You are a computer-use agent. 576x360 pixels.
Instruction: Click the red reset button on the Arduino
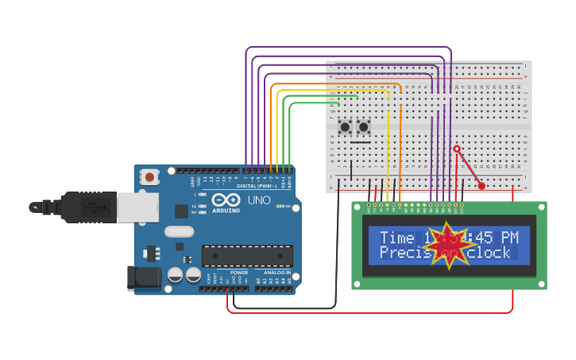click(149, 177)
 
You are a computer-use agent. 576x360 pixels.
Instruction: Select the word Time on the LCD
click(397, 238)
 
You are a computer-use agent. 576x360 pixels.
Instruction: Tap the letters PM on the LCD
click(508, 238)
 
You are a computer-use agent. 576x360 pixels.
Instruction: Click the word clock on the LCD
click(492, 253)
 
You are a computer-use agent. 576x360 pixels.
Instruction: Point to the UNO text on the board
click(259, 200)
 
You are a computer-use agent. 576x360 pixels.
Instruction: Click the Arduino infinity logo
click(226, 200)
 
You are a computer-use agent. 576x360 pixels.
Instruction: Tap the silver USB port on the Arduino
click(137, 207)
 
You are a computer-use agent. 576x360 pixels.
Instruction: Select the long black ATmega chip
click(247, 256)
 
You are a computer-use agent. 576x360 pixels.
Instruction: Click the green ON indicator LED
click(280, 206)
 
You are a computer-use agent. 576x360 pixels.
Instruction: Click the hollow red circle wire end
click(457, 149)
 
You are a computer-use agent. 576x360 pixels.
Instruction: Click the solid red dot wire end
click(481, 187)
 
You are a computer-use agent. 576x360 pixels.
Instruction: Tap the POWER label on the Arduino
click(239, 272)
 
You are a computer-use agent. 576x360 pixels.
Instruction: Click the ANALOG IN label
click(277, 272)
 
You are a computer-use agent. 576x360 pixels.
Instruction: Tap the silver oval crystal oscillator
click(179, 232)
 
